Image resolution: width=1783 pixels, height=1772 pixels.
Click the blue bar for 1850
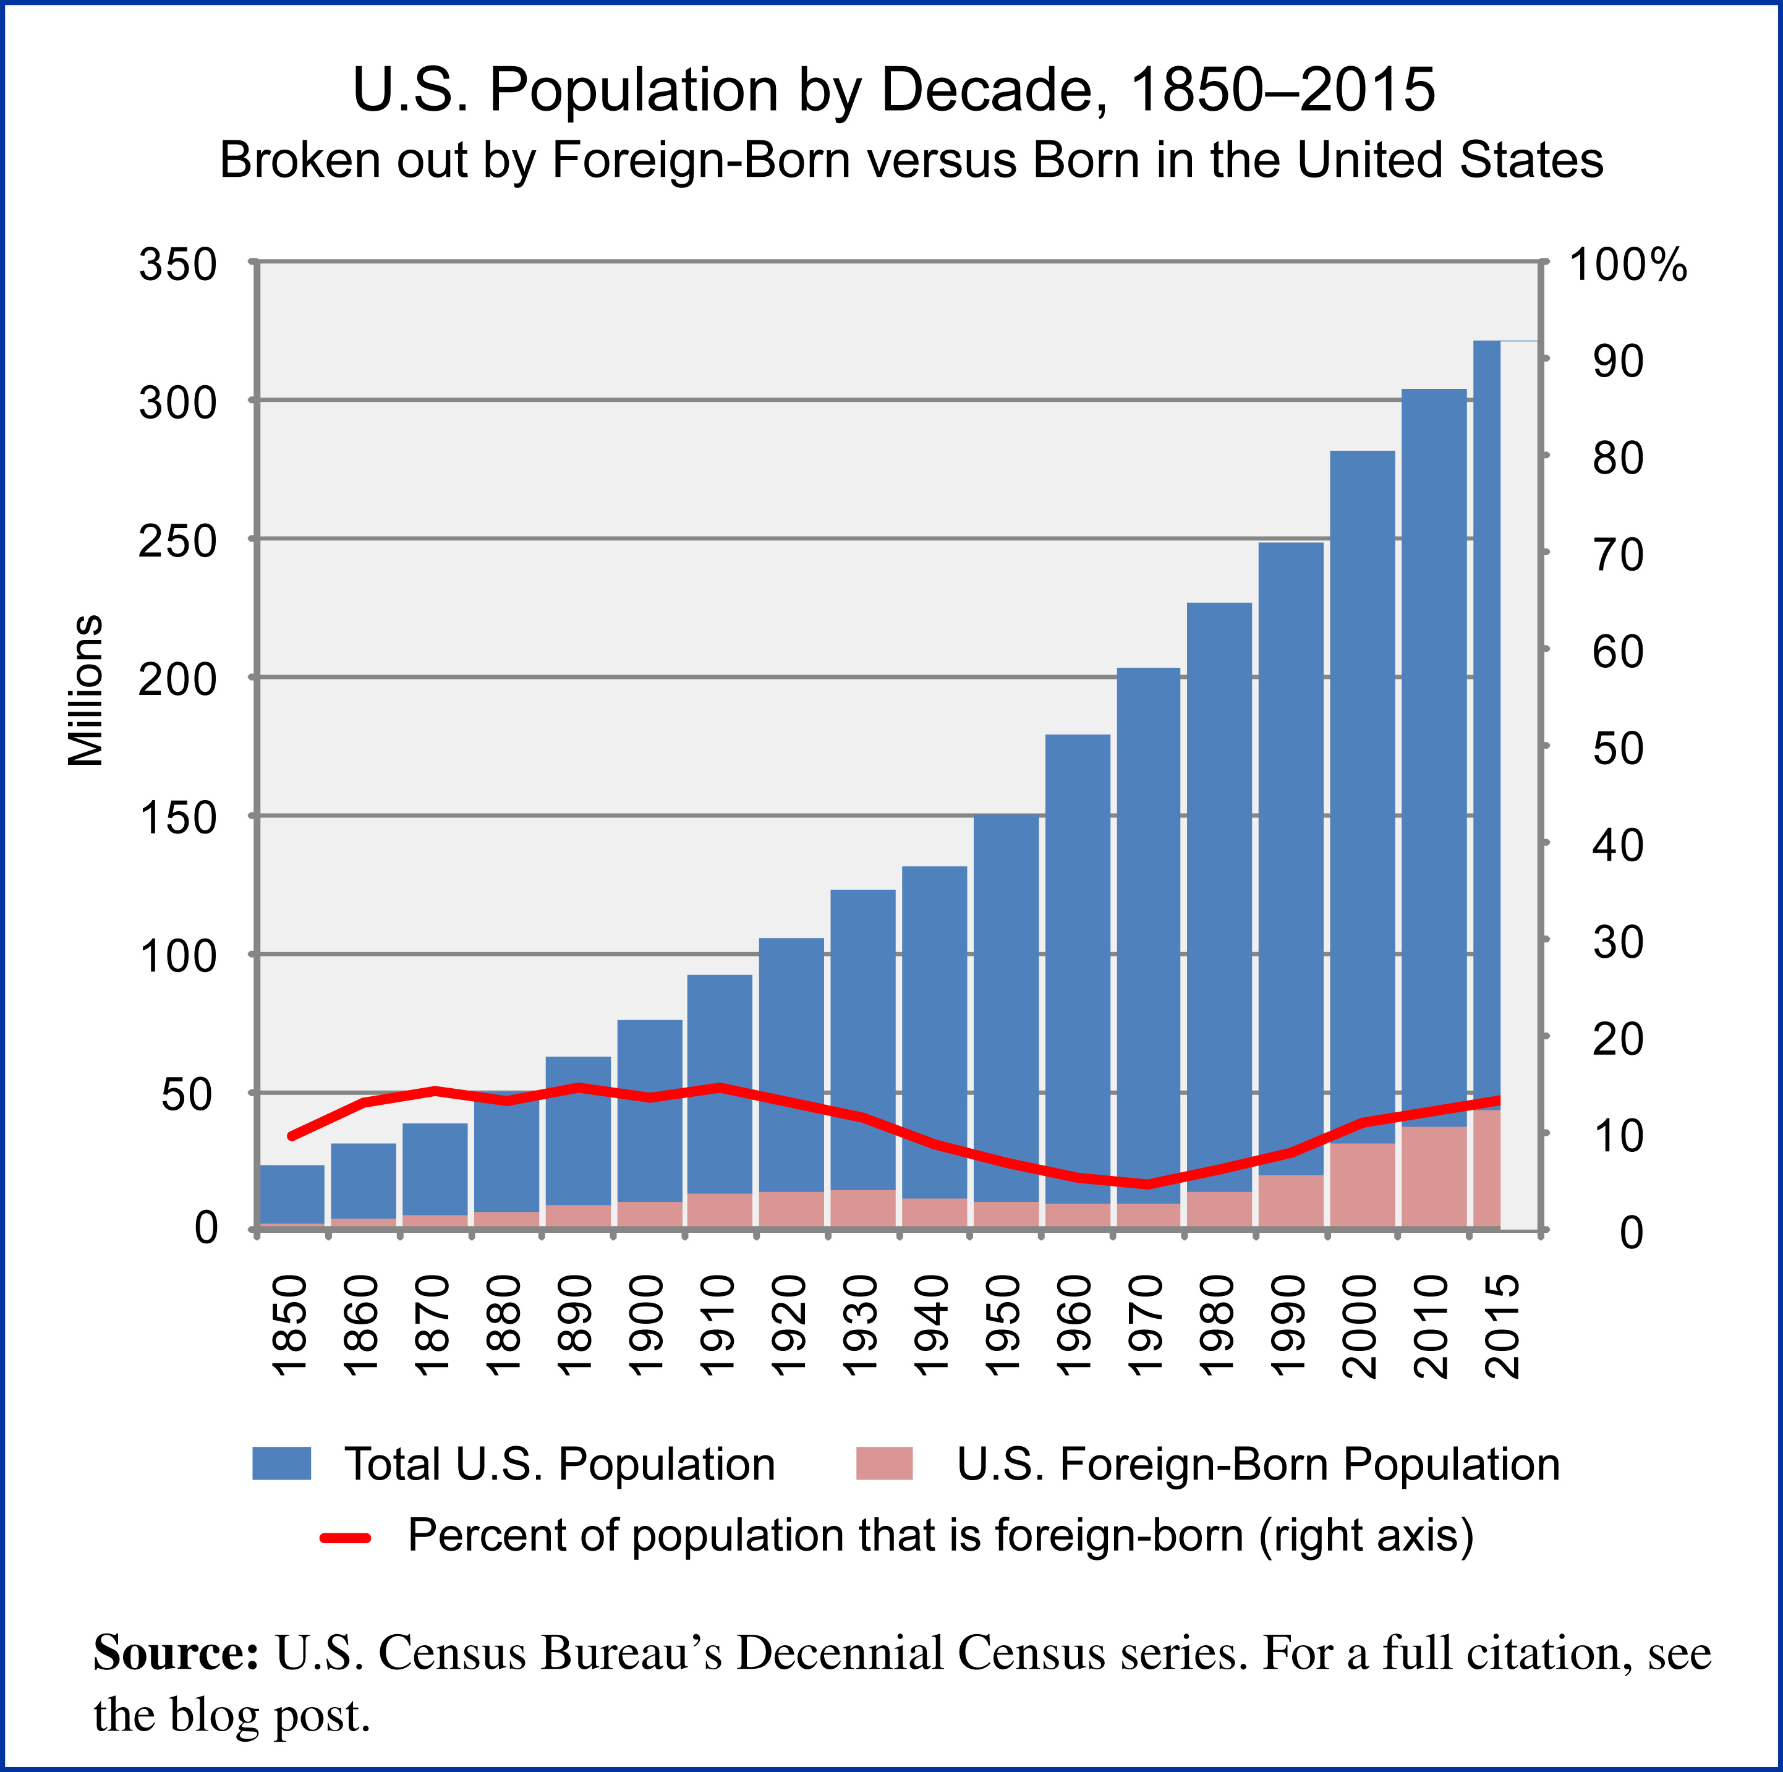[x=292, y=1193]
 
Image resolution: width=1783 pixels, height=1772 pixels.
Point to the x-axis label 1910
[x=718, y=1326]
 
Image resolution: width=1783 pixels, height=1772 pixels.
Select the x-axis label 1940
[x=932, y=1326]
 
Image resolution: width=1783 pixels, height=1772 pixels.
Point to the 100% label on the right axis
[x=1628, y=266]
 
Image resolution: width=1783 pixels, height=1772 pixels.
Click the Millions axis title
[x=86, y=691]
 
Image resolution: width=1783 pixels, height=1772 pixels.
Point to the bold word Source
[x=176, y=1653]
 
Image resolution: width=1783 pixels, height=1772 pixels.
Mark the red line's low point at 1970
[x=1148, y=1184]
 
